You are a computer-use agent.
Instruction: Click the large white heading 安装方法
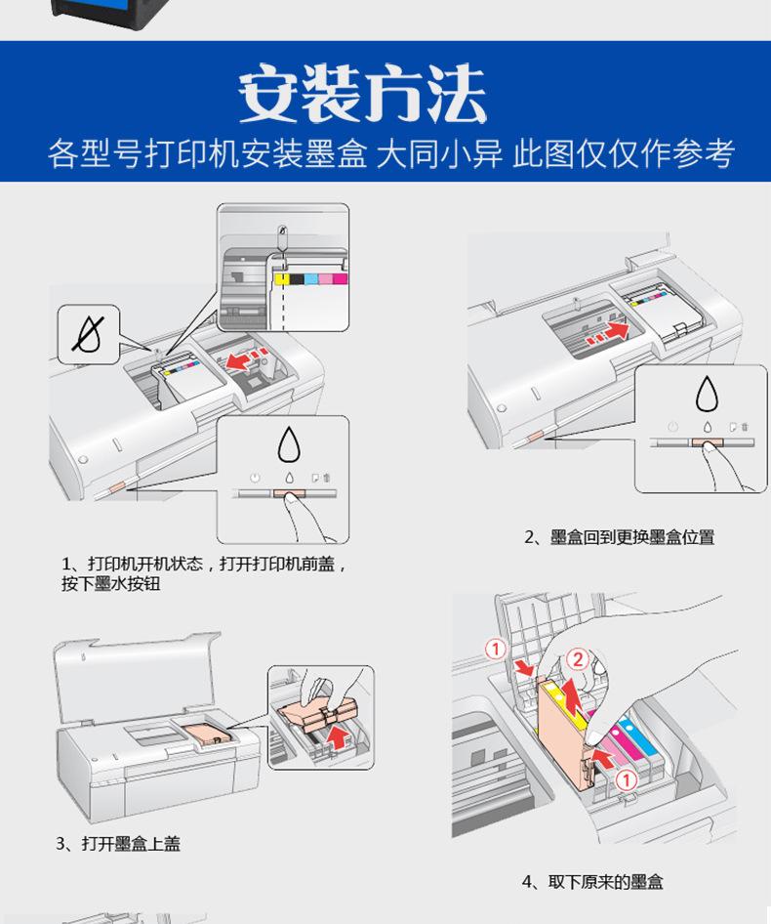pos(362,96)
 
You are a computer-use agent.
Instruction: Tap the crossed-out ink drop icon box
pos(89,332)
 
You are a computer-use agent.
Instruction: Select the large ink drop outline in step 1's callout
pos(289,443)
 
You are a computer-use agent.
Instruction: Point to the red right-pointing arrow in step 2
pos(610,334)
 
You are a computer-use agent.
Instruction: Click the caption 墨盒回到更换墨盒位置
pos(619,537)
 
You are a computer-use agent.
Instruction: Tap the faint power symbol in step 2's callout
pos(672,427)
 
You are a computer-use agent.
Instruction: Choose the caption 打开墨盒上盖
pos(117,843)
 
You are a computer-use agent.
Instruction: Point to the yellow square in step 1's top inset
pos(280,278)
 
